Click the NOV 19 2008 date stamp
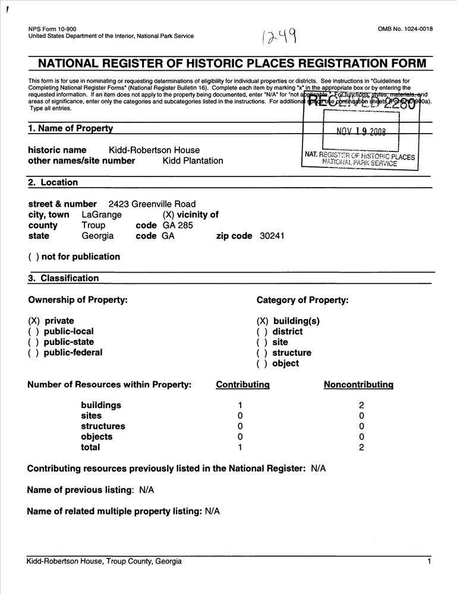[x=361, y=132]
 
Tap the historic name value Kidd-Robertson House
[x=154, y=150]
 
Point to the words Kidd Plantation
[x=193, y=161]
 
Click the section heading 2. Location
[x=53, y=183]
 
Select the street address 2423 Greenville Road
[x=152, y=204]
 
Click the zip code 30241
[x=272, y=236]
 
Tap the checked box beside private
[x=34, y=321]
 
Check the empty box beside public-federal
[x=33, y=353]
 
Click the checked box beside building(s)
[x=262, y=321]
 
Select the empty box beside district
[x=261, y=332]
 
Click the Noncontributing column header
[x=358, y=385]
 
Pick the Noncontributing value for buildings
[x=361, y=405]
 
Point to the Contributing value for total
[x=240, y=447]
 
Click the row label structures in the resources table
[x=103, y=426]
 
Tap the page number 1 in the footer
[x=428, y=561]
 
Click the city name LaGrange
[x=102, y=215]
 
